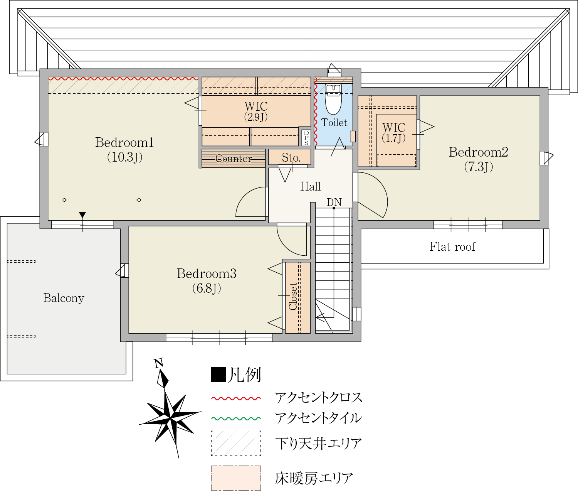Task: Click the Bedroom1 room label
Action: tap(124, 143)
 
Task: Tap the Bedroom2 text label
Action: tap(478, 152)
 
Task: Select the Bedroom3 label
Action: tap(206, 274)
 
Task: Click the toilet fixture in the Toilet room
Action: tap(333, 99)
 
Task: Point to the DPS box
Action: tap(306, 138)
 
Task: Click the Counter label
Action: tap(234, 159)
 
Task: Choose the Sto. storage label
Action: tap(291, 158)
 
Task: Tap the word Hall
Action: tap(310, 187)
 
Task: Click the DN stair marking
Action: tap(334, 202)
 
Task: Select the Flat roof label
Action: tap(452, 247)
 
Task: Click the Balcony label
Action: tap(64, 298)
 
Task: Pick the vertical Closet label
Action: tap(293, 296)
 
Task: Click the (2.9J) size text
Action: tap(256, 117)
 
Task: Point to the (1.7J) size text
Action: tap(393, 138)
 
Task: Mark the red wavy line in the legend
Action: tap(236, 398)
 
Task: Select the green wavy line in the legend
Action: tap(236, 418)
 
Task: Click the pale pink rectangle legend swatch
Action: tap(236, 478)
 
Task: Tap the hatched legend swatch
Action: tap(236, 444)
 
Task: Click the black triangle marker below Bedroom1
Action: tap(82, 215)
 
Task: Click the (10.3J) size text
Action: tap(125, 157)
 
